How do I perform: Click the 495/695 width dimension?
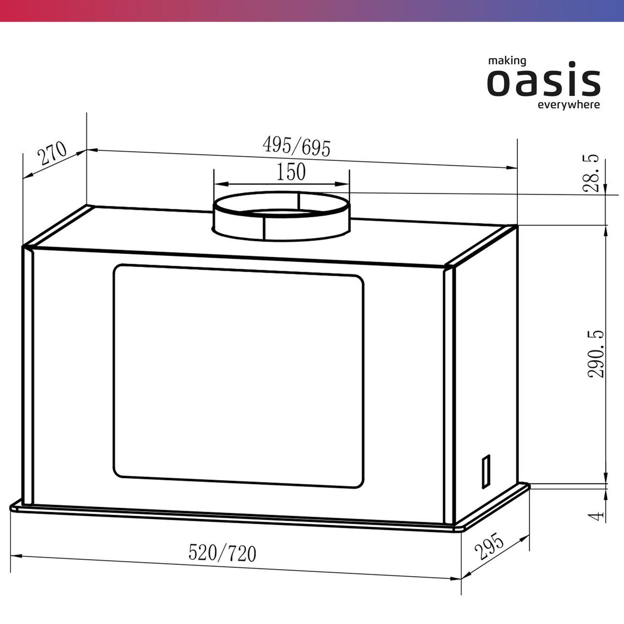pyautogui.click(x=296, y=146)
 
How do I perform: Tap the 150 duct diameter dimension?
pyautogui.click(x=291, y=172)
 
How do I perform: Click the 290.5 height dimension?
pyautogui.click(x=596, y=354)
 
